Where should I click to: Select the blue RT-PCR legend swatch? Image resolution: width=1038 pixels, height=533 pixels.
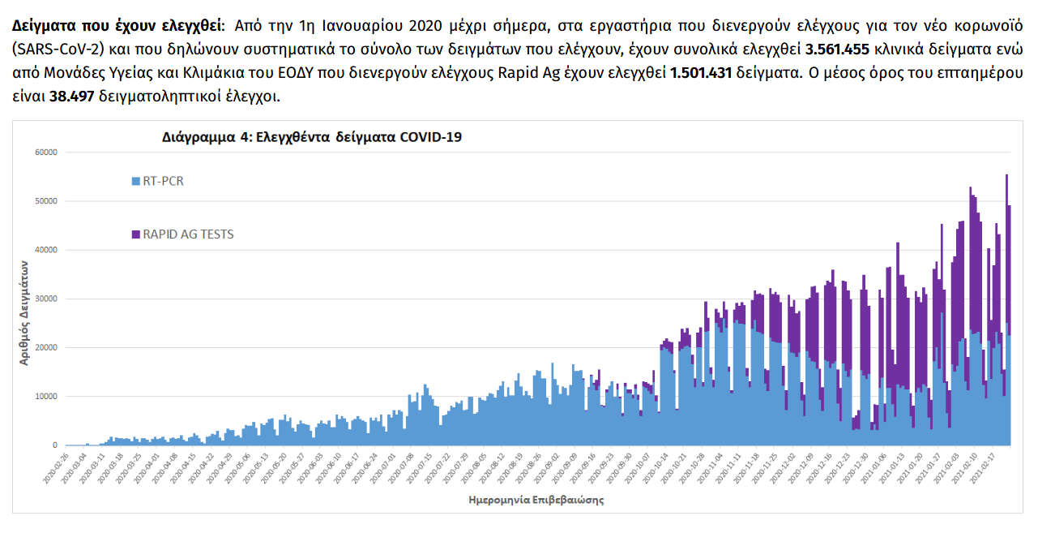[x=135, y=181]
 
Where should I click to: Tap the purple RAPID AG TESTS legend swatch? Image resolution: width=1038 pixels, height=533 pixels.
[x=135, y=234]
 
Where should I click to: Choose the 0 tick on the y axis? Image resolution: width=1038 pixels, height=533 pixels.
[x=55, y=445]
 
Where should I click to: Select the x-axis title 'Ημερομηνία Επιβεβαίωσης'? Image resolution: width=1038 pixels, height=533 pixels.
[x=536, y=501]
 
